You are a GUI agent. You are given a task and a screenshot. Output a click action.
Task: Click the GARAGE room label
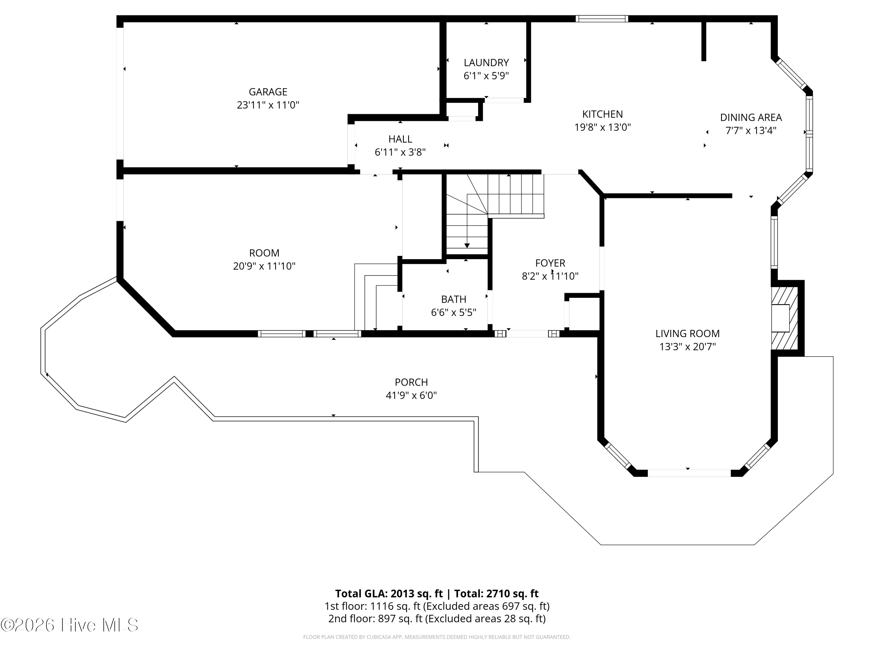coord(268,92)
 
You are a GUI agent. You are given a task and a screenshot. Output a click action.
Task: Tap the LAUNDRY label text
coord(486,63)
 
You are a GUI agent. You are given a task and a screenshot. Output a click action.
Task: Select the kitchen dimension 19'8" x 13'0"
coord(602,127)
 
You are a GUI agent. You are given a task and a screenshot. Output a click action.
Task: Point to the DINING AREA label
coord(751,118)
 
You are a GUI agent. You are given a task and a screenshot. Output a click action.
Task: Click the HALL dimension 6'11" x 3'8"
coord(400,152)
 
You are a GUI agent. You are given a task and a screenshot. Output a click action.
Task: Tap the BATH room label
coord(454,299)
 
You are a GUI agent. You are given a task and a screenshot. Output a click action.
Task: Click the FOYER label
coord(550,263)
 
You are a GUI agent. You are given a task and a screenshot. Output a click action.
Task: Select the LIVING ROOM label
coord(688,334)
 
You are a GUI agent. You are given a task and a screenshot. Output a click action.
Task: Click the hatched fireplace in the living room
coord(785,318)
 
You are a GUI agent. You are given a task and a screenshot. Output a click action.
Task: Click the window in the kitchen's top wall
coord(602,19)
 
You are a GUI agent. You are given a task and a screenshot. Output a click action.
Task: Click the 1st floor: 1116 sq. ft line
coord(437,606)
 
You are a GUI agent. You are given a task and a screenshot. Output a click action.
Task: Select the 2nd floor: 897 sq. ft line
coord(437,618)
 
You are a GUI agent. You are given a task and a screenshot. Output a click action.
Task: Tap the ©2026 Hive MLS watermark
coord(70,625)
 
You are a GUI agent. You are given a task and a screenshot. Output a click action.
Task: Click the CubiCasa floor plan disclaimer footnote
coord(437,637)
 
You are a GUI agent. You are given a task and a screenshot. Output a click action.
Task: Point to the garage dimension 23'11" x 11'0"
coord(268,105)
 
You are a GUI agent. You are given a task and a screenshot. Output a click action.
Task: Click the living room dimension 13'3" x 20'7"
coord(688,347)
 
